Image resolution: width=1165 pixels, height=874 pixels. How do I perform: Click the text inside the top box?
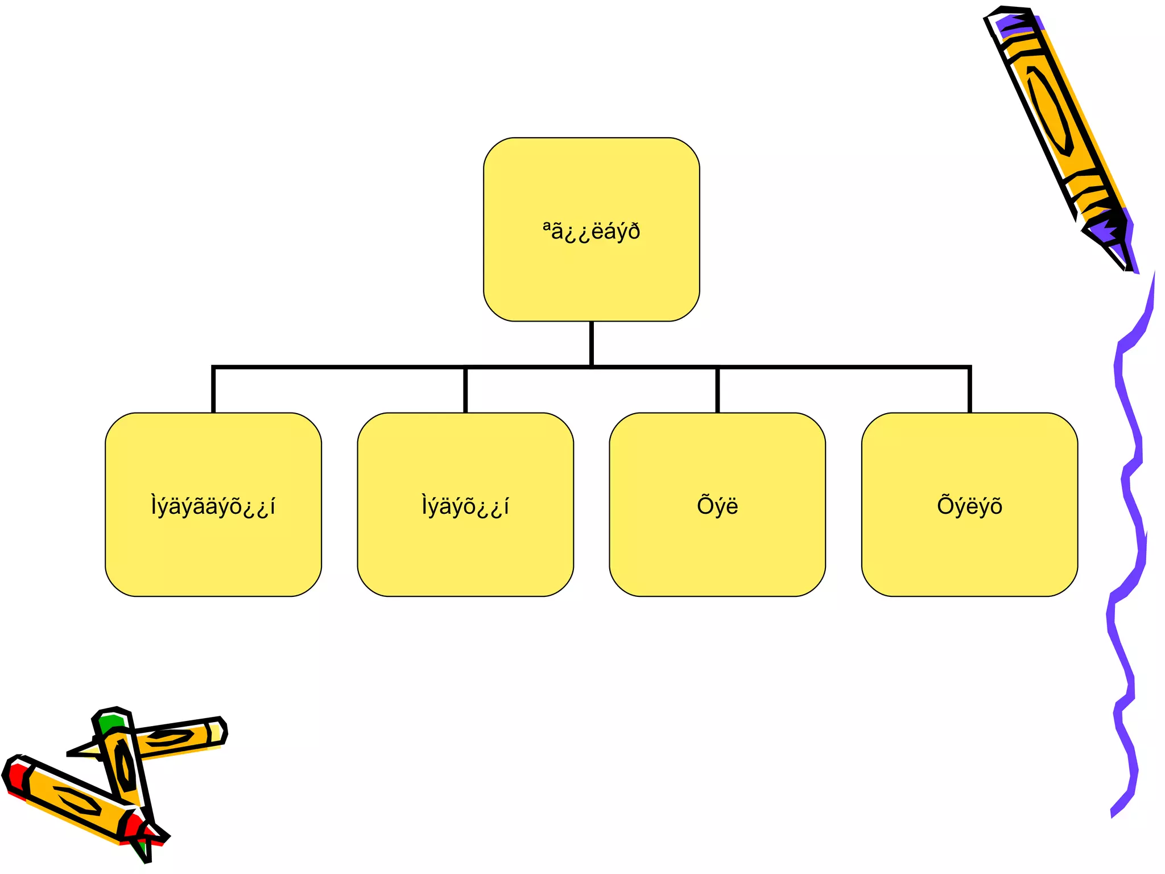coord(591,232)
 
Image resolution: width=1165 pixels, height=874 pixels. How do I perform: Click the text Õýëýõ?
coord(969,506)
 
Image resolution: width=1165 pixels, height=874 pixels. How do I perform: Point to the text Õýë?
coord(717,505)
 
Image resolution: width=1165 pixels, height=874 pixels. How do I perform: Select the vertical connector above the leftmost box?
coord(213,390)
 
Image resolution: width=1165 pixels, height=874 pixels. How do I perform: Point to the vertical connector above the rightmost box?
coord(969,390)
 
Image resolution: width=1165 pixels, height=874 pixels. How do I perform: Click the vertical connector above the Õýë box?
coord(717,390)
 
